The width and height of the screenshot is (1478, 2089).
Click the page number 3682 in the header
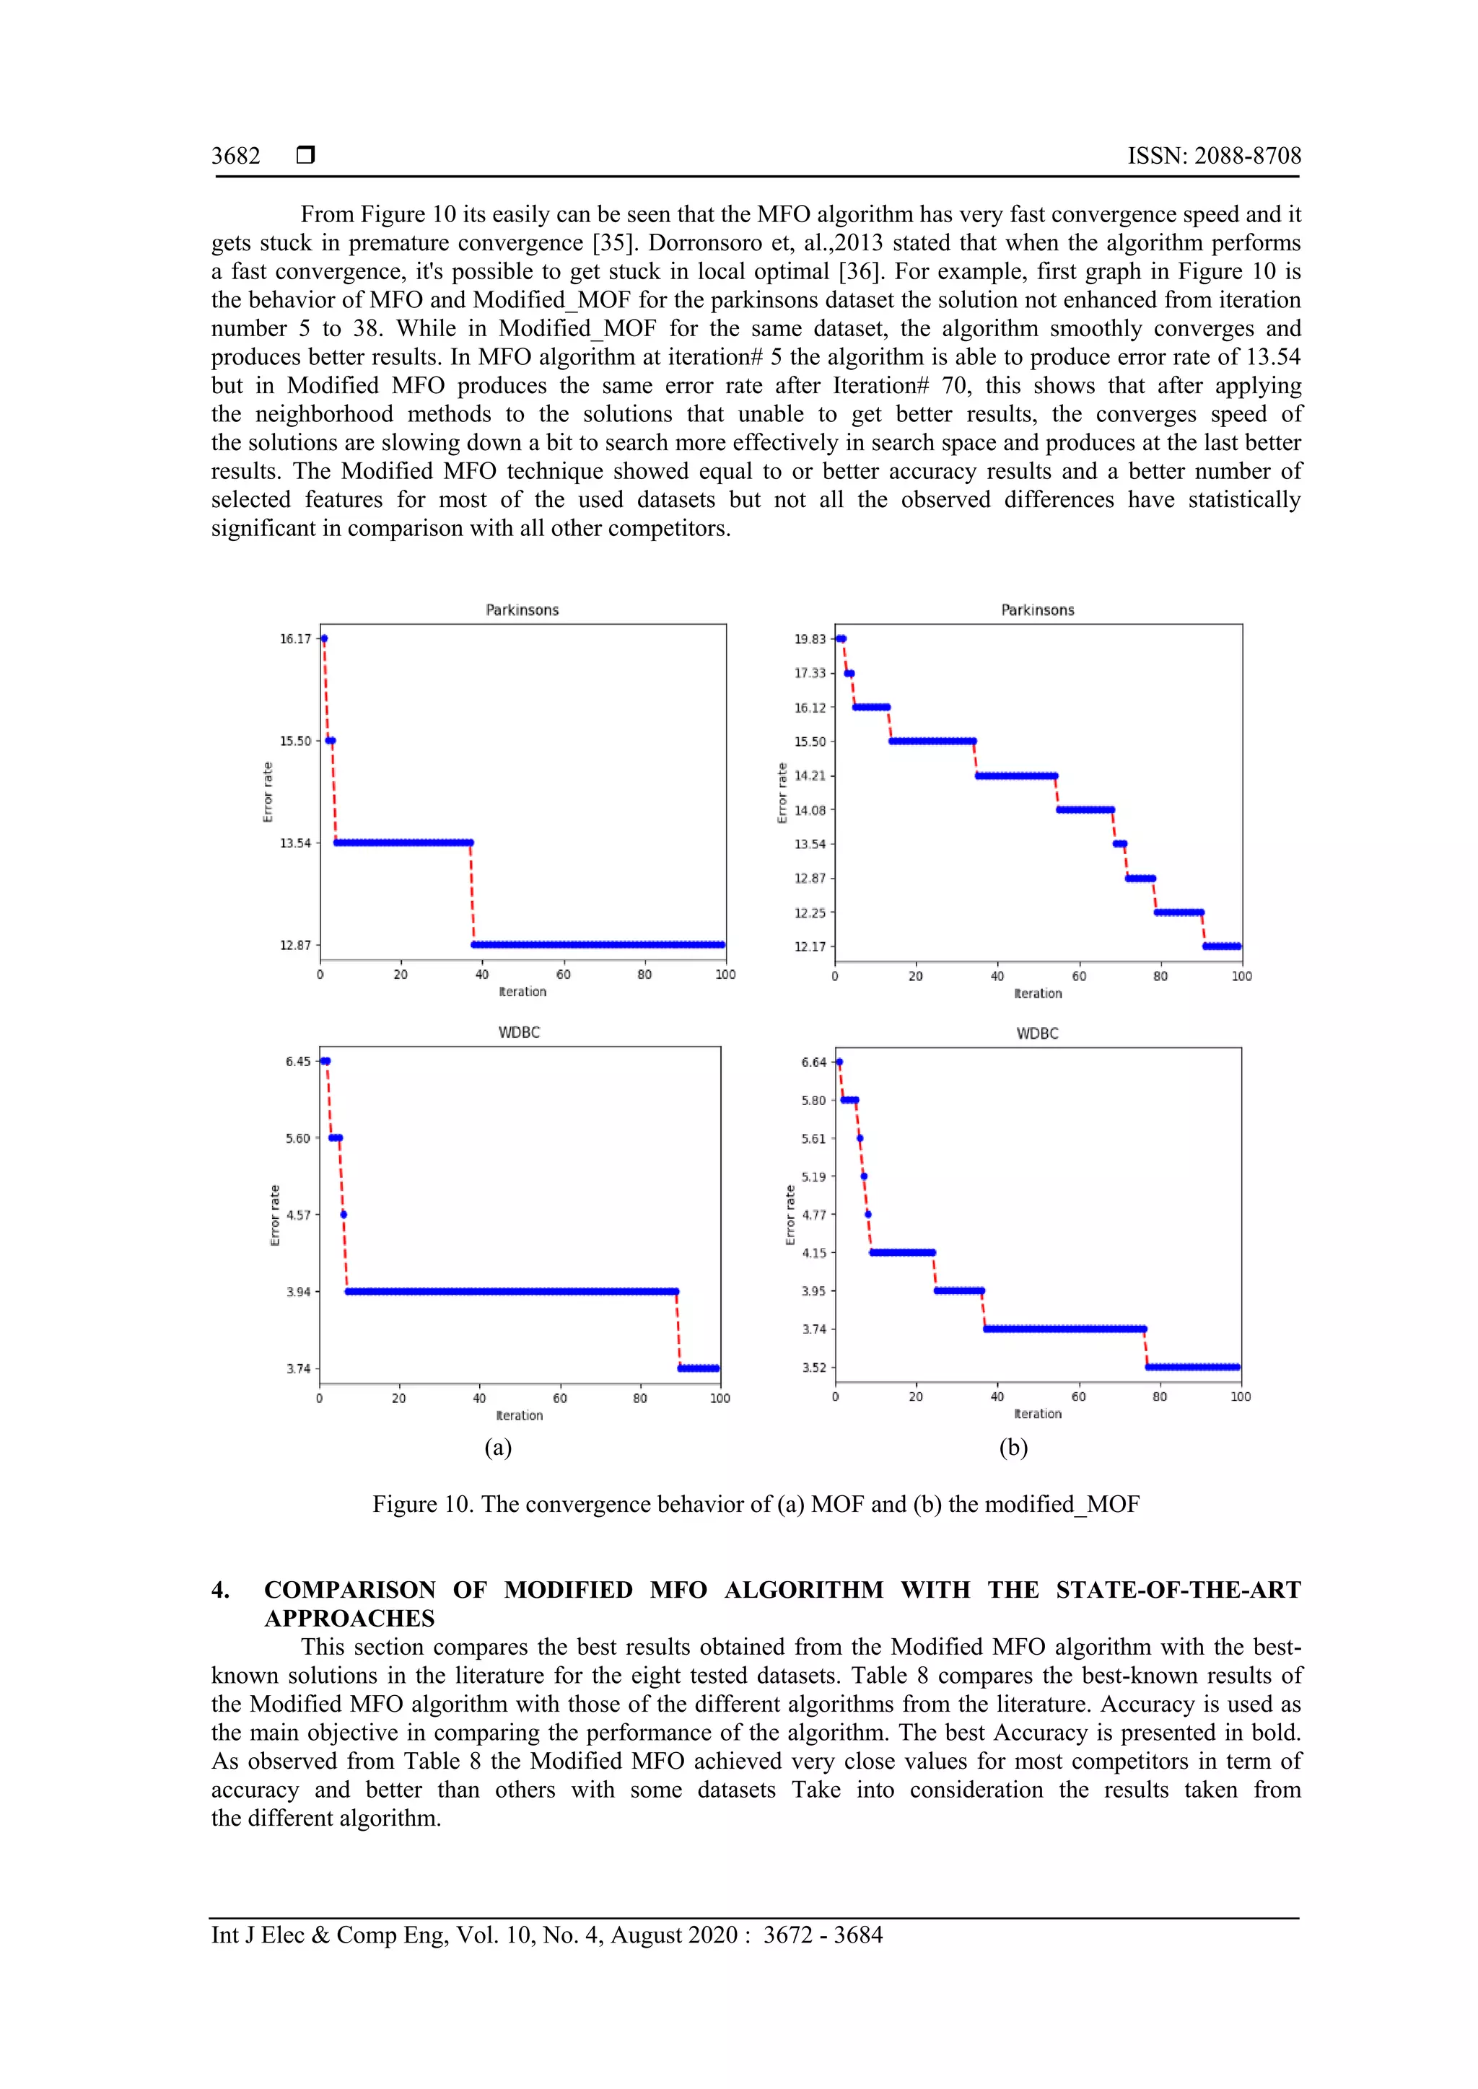236,156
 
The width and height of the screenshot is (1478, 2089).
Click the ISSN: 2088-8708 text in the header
1213,156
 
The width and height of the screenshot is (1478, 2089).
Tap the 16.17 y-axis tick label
295,638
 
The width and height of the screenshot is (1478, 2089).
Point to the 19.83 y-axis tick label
810,638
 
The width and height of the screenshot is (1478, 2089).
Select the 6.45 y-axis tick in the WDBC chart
297,1061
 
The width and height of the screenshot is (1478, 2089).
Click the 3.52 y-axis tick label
813,1367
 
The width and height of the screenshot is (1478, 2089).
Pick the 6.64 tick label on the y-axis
813,1062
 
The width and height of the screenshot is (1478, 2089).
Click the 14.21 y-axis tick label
810,775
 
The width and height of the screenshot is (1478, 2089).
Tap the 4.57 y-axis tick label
297,1215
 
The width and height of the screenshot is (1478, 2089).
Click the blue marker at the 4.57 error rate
343,1215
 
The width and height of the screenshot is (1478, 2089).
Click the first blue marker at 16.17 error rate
324,638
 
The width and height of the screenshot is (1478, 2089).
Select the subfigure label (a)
498,1447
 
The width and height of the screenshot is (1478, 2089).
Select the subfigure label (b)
1013,1447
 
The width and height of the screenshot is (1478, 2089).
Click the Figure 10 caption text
756,1504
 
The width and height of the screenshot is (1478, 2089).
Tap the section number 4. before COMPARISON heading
220,1590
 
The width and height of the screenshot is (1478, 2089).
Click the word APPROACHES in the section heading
349,1618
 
